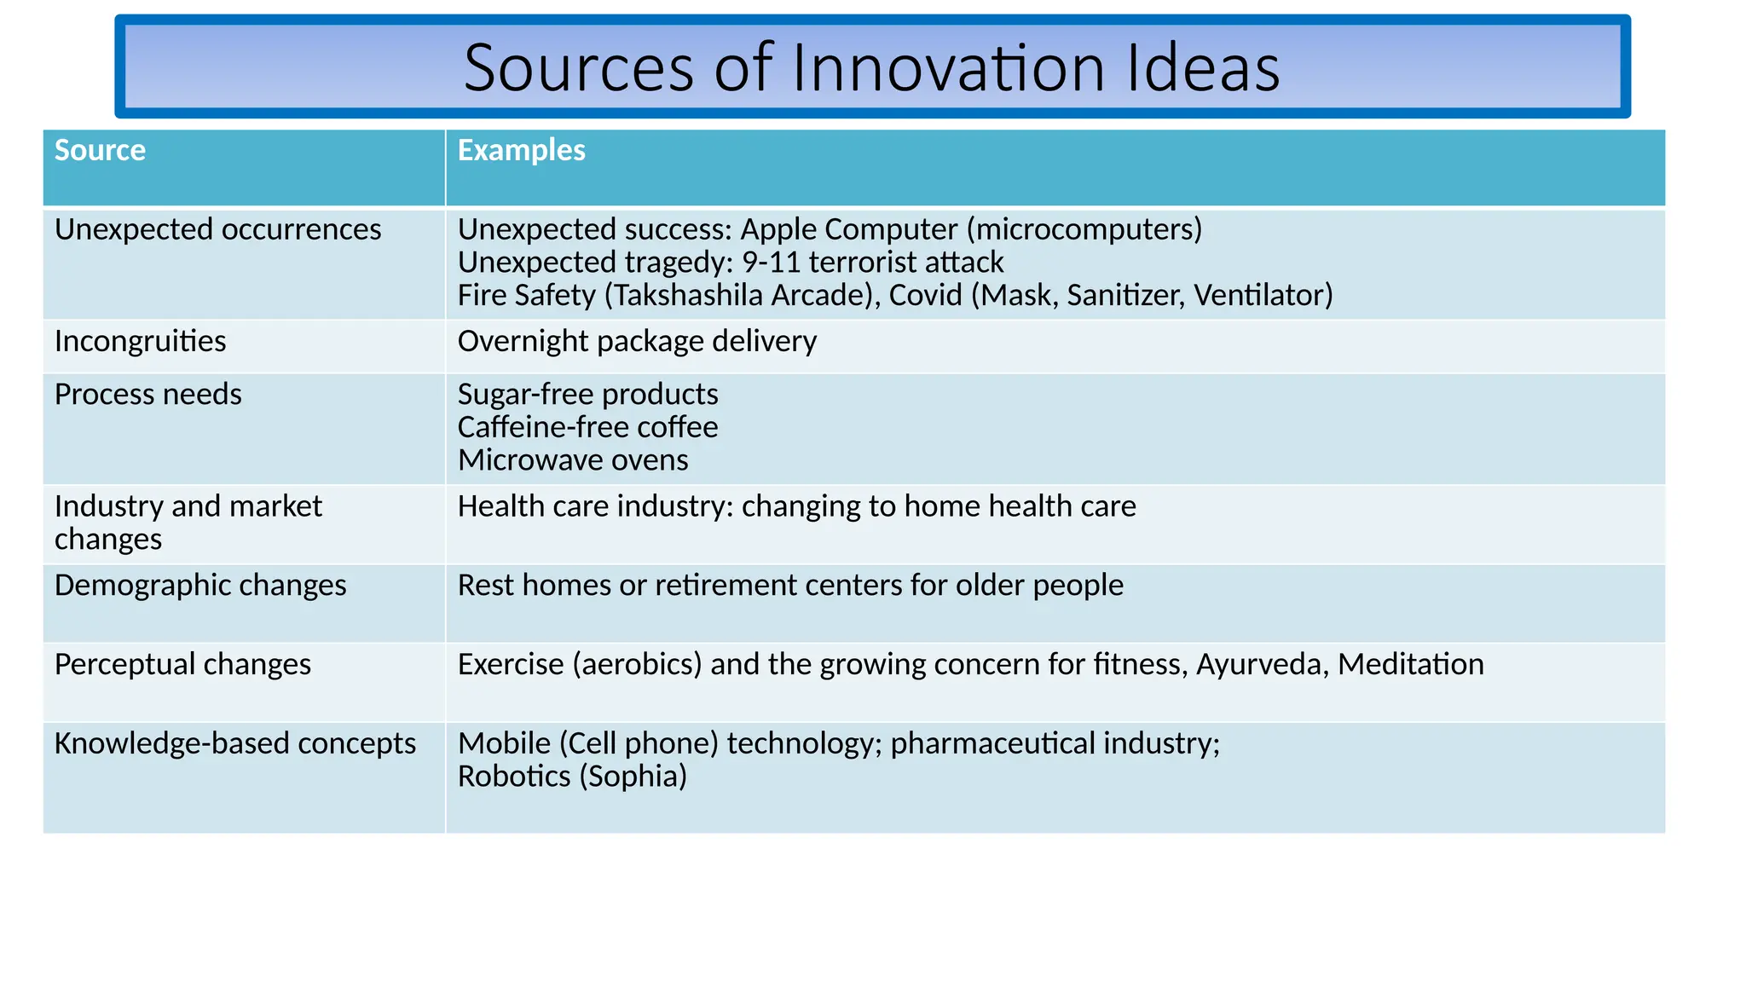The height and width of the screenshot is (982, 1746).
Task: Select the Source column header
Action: [x=100, y=150]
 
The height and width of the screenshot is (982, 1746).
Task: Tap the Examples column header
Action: [x=521, y=150]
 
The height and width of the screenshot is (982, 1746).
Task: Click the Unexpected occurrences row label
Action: [x=217, y=229]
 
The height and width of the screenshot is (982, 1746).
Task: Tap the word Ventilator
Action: [x=1262, y=295]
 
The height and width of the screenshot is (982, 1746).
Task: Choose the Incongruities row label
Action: [x=140, y=341]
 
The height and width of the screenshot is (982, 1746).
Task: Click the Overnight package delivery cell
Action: [x=637, y=341]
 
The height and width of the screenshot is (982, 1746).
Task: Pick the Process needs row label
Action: [x=147, y=394]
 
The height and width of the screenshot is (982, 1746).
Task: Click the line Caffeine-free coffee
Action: [x=587, y=427]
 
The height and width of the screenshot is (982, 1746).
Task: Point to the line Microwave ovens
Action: [x=573, y=460]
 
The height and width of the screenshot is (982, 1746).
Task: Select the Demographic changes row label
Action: [x=200, y=585]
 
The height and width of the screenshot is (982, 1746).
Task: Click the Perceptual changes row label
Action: [x=182, y=664]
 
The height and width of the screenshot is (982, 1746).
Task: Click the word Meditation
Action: [x=1410, y=664]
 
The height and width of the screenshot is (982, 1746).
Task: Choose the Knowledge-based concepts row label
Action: [x=234, y=743]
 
